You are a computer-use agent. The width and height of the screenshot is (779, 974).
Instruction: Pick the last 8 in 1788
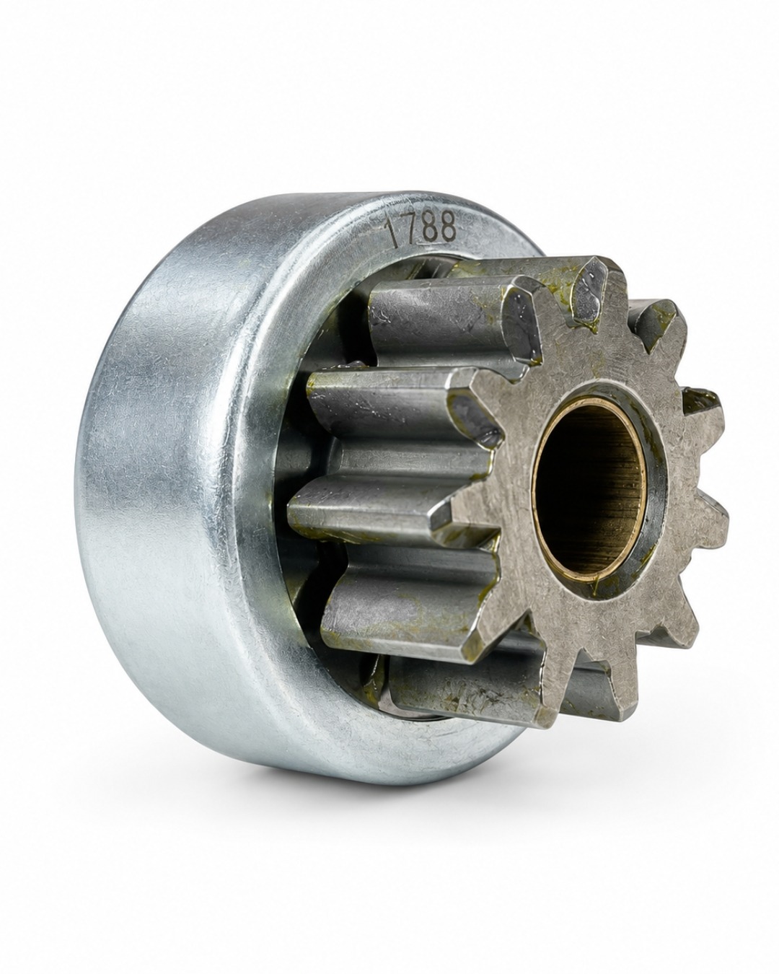pos(446,227)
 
